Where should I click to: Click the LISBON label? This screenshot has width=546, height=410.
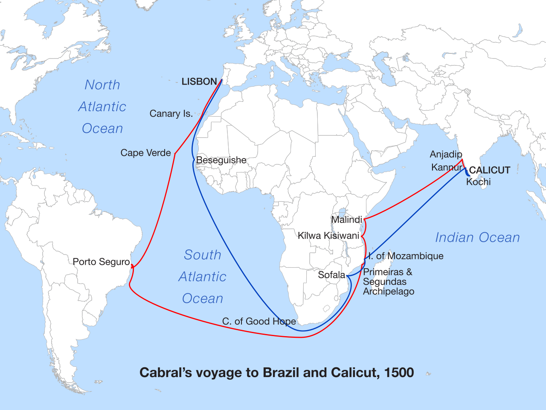[x=199, y=82]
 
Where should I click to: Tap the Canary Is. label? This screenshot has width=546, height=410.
[x=171, y=114]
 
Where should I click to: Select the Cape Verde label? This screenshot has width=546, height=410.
[x=145, y=153]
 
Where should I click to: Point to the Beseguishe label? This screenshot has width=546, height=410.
[x=221, y=160]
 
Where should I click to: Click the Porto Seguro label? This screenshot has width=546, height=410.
[x=101, y=262]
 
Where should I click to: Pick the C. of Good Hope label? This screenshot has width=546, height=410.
[x=259, y=321]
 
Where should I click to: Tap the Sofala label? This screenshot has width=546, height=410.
[x=331, y=275]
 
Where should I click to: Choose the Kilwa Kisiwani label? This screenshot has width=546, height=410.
[x=328, y=236]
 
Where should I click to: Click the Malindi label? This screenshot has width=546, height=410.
[x=346, y=220]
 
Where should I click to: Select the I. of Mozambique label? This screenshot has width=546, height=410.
[x=406, y=256]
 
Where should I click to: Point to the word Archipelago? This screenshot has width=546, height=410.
[x=389, y=292]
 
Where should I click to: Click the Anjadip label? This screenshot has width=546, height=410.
[x=446, y=154]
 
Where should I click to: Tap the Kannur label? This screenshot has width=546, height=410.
[x=447, y=167]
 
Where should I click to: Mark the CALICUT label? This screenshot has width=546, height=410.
[x=490, y=170]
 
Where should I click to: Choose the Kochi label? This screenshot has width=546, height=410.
[x=478, y=182]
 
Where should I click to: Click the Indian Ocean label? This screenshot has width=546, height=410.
[x=477, y=237]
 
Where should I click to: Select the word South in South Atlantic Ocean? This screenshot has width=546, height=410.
[x=203, y=255]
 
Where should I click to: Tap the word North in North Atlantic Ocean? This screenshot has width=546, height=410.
[x=102, y=85]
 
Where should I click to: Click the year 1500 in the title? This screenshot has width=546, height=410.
[x=399, y=372]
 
